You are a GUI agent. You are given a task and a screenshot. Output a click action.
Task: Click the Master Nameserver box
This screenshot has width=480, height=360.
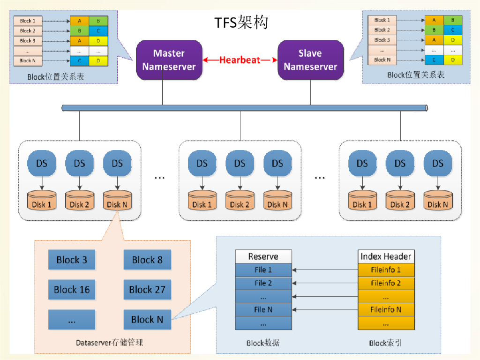tap(169, 60)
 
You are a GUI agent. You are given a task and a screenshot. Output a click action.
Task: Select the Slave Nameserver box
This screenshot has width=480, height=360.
tap(310, 60)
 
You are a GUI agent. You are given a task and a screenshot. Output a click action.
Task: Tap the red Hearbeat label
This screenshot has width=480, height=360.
tap(240, 60)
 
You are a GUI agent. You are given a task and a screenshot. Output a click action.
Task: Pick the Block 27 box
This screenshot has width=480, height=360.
tap(147, 290)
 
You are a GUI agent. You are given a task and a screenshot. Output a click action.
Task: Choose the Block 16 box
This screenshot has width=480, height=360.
tap(72, 290)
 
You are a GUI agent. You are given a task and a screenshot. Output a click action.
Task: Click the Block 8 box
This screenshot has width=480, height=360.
tap(147, 260)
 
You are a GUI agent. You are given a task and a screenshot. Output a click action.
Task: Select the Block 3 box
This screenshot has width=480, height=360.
tap(72, 260)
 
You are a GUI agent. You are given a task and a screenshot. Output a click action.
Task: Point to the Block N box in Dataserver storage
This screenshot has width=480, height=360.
tap(147, 320)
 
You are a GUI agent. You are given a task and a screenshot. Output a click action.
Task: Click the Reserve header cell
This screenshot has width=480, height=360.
tap(263, 256)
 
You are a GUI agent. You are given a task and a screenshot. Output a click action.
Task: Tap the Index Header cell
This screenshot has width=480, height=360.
tap(386, 256)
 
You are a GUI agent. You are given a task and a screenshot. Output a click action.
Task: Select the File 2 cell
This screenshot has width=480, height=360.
tap(263, 283)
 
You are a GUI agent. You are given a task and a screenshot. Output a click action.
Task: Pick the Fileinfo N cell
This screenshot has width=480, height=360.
tap(386, 309)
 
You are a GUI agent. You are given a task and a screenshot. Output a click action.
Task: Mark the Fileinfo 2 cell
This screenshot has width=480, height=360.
tap(386, 283)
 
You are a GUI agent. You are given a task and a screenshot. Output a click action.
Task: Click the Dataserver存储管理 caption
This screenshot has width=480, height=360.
tap(109, 343)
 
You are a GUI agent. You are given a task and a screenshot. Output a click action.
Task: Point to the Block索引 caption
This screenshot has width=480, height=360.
tap(385, 343)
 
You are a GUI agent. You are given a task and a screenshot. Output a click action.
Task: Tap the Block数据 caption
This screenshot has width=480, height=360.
tap(263, 343)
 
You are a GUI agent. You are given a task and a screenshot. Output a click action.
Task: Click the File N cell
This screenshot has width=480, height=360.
tap(263, 309)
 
